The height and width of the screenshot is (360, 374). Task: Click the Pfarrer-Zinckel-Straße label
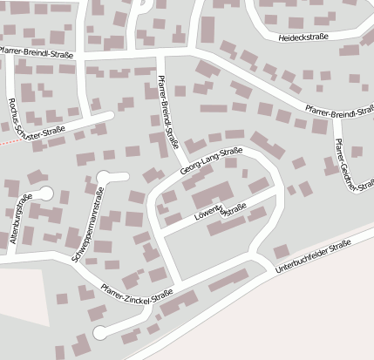pos(136,296)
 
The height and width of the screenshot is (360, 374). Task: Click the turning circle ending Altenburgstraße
pos(46,194)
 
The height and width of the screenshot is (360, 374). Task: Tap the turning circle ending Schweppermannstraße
pos(105,177)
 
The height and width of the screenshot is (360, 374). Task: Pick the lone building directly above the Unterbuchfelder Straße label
pos(281,251)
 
